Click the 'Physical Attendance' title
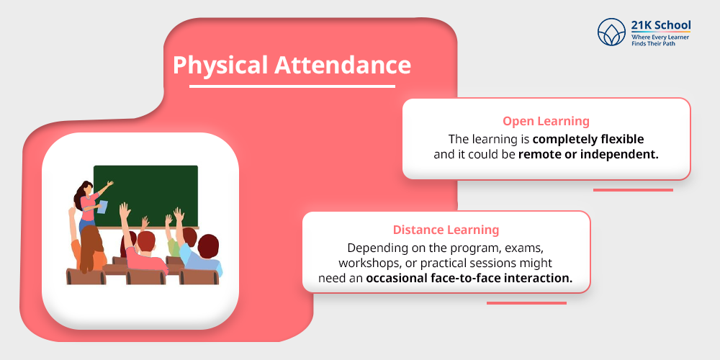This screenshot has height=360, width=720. tap(292, 65)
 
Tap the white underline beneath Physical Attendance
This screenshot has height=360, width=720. tap(292, 86)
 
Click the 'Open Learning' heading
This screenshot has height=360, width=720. tap(546, 121)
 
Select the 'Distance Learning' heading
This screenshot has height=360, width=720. tap(446, 230)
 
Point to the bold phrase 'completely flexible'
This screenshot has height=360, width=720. tap(588, 138)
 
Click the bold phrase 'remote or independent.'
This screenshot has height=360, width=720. tap(588, 154)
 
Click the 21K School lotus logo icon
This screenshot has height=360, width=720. tap(612, 32)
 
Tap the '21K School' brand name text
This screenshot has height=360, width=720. tap(660, 25)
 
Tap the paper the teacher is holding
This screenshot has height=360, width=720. tap(102, 207)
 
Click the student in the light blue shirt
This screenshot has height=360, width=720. tap(204, 256)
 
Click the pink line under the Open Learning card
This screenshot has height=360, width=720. tap(632, 190)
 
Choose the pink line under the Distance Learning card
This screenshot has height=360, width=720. tap(526, 302)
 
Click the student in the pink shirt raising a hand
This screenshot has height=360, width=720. tap(142, 248)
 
